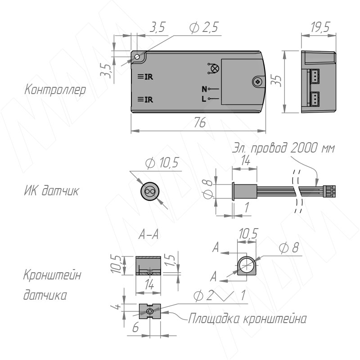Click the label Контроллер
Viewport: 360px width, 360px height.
55,90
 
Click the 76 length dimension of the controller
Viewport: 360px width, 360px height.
199,122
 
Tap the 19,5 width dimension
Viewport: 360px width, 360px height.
320,27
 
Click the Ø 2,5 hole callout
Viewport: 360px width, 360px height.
204,27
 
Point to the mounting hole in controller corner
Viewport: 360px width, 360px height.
137,57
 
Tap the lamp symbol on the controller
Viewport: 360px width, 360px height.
213,69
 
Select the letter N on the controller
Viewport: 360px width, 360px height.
204,89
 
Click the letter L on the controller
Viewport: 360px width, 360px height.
204,99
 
